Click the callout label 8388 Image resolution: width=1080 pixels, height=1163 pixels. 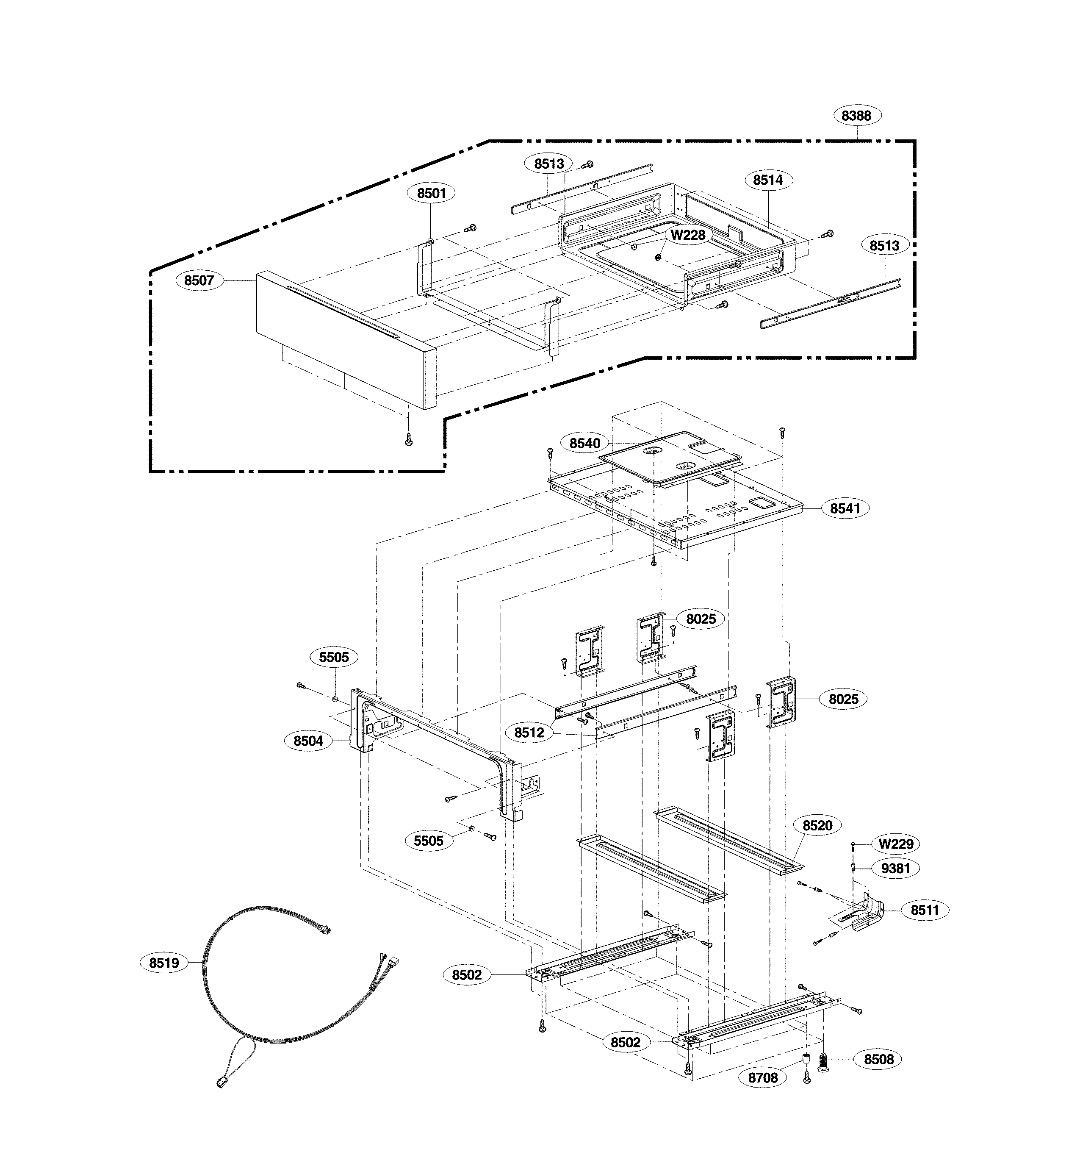click(856, 116)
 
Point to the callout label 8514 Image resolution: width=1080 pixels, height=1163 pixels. click(767, 180)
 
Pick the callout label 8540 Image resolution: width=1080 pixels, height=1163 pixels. click(585, 443)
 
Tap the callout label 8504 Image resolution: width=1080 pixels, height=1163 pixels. click(308, 741)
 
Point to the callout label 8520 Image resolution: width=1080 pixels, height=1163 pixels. click(817, 826)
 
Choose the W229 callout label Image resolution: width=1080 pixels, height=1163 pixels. click(896, 844)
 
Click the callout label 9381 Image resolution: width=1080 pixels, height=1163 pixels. click(895, 868)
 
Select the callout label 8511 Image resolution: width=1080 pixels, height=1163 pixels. click(925, 910)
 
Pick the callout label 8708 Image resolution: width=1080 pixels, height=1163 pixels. click(763, 1078)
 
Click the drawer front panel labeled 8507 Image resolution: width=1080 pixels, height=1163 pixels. click(345, 339)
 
